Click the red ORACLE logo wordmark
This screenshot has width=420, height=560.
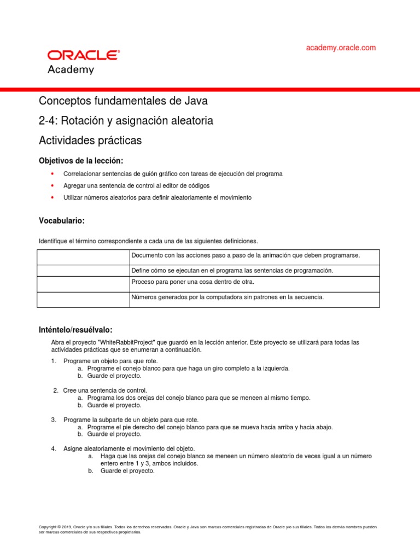pyautogui.click(x=83, y=55)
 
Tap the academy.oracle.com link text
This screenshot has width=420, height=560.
pyautogui.click(x=341, y=48)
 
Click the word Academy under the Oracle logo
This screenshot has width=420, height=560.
pyautogui.click(x=71, y=70)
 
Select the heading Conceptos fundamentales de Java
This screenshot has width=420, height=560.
pyautogui.click(x=123, y=101)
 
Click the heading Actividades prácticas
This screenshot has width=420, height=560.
pyautogui.click(x=90, y=141)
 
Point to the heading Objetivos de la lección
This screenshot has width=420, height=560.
pyautogui.click(x=81, y=161)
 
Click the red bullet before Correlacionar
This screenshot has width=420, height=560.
pyautogui.click(x=52, y=174)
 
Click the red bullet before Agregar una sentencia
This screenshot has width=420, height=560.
pyautogui.click(x=52, y=186)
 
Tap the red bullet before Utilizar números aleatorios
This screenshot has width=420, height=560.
pyautogui.click(x=52, y=197)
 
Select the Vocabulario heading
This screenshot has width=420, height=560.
pyautogui.click(x=62, y=220)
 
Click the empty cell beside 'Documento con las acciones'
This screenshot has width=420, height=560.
pyautogui.click(x=83, y=257)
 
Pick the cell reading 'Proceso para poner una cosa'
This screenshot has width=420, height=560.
pyautogui.click(x=192, y=282)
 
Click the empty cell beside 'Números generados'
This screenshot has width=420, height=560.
pyautogui.click(x=83, y=300)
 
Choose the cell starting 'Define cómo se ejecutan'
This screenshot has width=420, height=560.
pyautogui.click(x=232, y=271)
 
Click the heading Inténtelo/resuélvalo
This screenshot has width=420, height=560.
pyautogui.click(x=75, y=330)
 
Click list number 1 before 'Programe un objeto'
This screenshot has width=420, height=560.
pyautogui.click(x=54, y=361)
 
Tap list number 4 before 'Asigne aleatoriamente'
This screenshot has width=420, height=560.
pyautogui.click(x=54, y=448)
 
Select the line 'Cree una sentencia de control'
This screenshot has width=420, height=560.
pyautogui.click(x=105, y=390)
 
